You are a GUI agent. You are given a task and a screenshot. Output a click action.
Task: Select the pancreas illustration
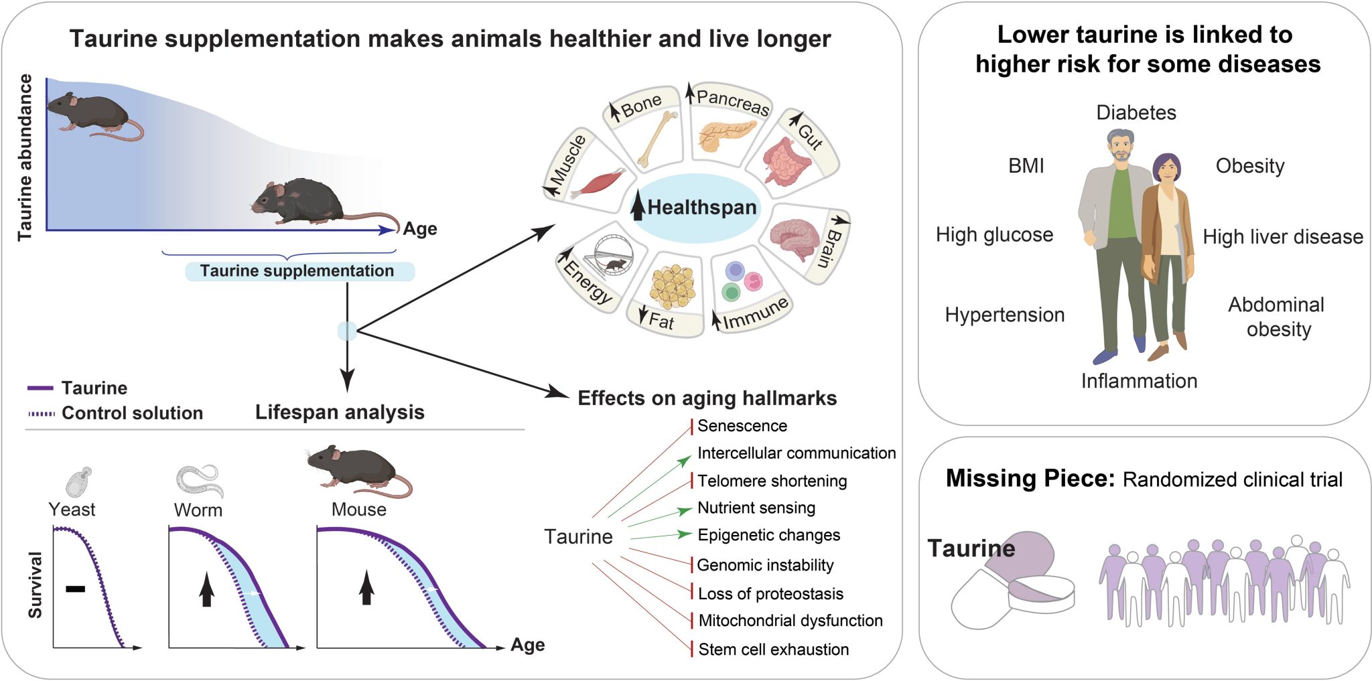pyautogui.click(x=726, y=135)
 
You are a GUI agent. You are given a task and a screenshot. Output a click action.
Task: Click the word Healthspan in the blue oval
pyautogui.click(x=701, y=208)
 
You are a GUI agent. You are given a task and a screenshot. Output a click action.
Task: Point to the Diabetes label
pyautogui.click(x=1136, y=112)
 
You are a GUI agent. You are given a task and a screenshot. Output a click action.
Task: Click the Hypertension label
pyautogui.click(x=1004, y=315)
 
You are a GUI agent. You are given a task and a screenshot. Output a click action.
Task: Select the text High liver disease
pyautogui.click(x=1282, y=237)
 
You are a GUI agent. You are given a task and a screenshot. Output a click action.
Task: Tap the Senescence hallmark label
pyautogui.click(x=742, y=426)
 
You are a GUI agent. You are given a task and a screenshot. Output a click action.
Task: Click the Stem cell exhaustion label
pyautogui.click(x=773, y=650)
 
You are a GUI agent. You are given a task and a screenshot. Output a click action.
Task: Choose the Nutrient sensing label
pyautogui.click(x=756, y=508)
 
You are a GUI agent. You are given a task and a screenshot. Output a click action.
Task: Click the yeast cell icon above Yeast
pyautogui.click(x=79, y=481)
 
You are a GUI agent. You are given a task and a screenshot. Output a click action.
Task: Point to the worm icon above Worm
pyautogui.click(x=199, y=480)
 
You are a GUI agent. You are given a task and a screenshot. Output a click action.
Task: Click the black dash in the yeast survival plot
pyautogui.click(x=76, y=589)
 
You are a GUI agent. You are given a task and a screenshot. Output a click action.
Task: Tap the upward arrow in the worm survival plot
pyautogui.click(x=207, y=590)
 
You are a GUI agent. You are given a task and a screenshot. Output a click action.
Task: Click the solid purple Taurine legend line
pyautogui.click(x=40, y=388)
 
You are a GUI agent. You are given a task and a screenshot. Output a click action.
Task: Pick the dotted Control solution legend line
pyautogui.click(x=41, y=414)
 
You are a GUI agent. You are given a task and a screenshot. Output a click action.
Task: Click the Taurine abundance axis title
pyautogui.click(x=25, y=157)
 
